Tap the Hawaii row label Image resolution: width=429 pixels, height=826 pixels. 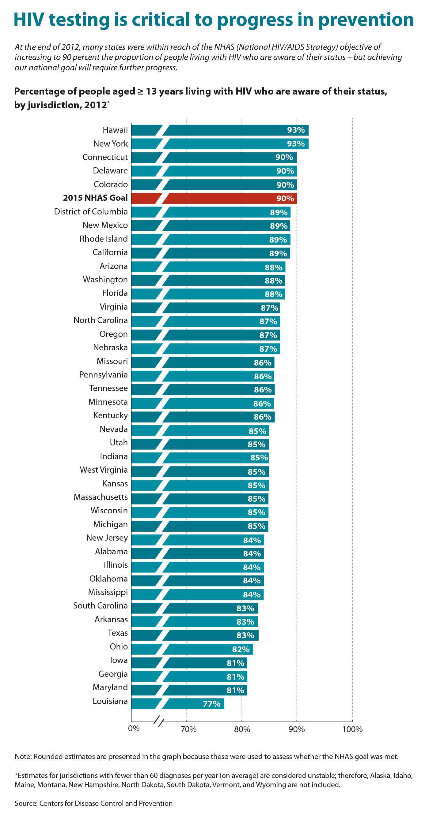tap(115, 130)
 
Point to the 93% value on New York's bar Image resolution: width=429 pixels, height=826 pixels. tap(296, 144)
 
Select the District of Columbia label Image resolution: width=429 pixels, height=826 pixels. tap(91, 212)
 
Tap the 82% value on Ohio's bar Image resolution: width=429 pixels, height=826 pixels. tap(241, 649)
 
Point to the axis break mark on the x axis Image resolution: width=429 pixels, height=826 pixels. tap(159, 722)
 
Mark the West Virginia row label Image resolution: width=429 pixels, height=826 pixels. tap(103, 470)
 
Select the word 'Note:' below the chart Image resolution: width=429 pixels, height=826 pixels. tap(23, 757)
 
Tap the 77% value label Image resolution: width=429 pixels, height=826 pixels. tap(212, 704)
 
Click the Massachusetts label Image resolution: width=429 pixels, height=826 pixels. tap(101, 497)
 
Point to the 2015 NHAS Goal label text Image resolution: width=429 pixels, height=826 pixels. tap(95, 198)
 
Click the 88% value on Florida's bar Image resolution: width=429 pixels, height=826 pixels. tap(273, 294)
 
